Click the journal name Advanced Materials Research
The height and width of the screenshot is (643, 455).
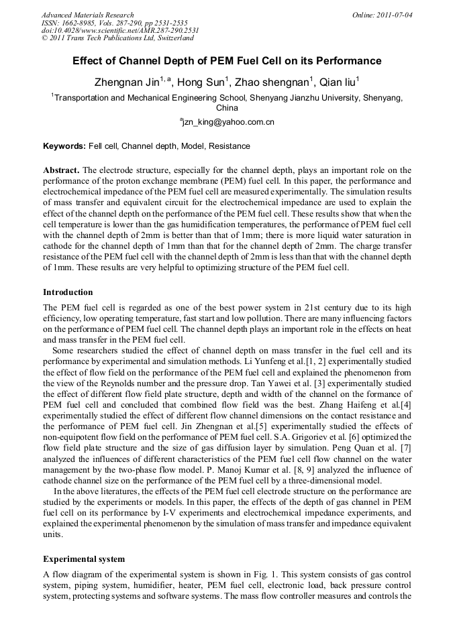point(87,15)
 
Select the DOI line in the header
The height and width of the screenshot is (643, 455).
point(120,31)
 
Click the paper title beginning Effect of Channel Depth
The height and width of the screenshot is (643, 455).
point(227,61)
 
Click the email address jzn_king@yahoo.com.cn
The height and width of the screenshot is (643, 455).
point(227,123)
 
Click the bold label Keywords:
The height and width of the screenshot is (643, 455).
point(64,146)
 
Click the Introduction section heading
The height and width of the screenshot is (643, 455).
point(68,292)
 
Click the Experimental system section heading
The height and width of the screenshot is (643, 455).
point(84,559)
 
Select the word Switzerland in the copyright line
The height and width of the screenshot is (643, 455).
point(172,39)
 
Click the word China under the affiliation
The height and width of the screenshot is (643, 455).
point(227,107)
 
